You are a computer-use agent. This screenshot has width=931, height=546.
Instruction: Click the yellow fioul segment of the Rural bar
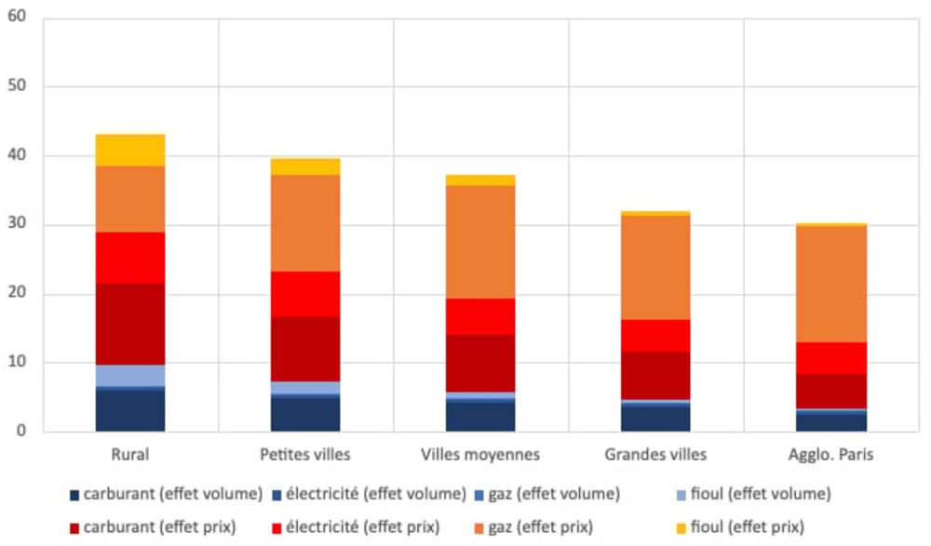pyautogui.click(x=130, y=150)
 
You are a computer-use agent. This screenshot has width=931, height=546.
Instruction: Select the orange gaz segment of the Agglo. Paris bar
pyautogui.click(x=831, y=284)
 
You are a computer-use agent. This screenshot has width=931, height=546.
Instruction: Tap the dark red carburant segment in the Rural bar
pyautogui.click(x=130, y=324)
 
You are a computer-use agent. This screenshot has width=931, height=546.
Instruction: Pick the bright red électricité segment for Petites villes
pyautogui.click(x=305, y=294)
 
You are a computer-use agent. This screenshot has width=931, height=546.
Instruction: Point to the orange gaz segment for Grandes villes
pyautogui.click(x=655, y=267)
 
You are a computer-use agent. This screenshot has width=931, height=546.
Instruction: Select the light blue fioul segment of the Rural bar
pyautogui.click(x=130, y=375)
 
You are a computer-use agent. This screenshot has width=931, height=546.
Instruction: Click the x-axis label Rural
pyautogui.click(x=129, y=455)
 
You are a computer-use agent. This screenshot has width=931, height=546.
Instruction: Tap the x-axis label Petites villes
pyautogui.click(x=305, y=455)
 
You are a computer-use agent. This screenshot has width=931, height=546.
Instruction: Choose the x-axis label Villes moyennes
pyautogui.click(x=480, y=455)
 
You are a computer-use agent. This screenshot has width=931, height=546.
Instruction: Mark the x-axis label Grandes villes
pyautogui.click(x=655, y=455)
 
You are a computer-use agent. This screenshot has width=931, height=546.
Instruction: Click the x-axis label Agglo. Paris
pyautogui.click(x=831, y=455)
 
